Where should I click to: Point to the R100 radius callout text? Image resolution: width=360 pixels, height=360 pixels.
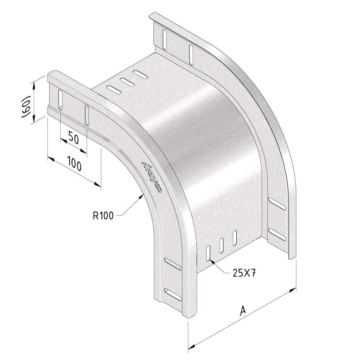click(x=103, y=216)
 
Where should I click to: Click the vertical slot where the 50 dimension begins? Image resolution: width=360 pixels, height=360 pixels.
click(x=60, y=100)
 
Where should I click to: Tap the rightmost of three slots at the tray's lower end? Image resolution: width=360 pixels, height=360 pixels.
click(x=236, y=237)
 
